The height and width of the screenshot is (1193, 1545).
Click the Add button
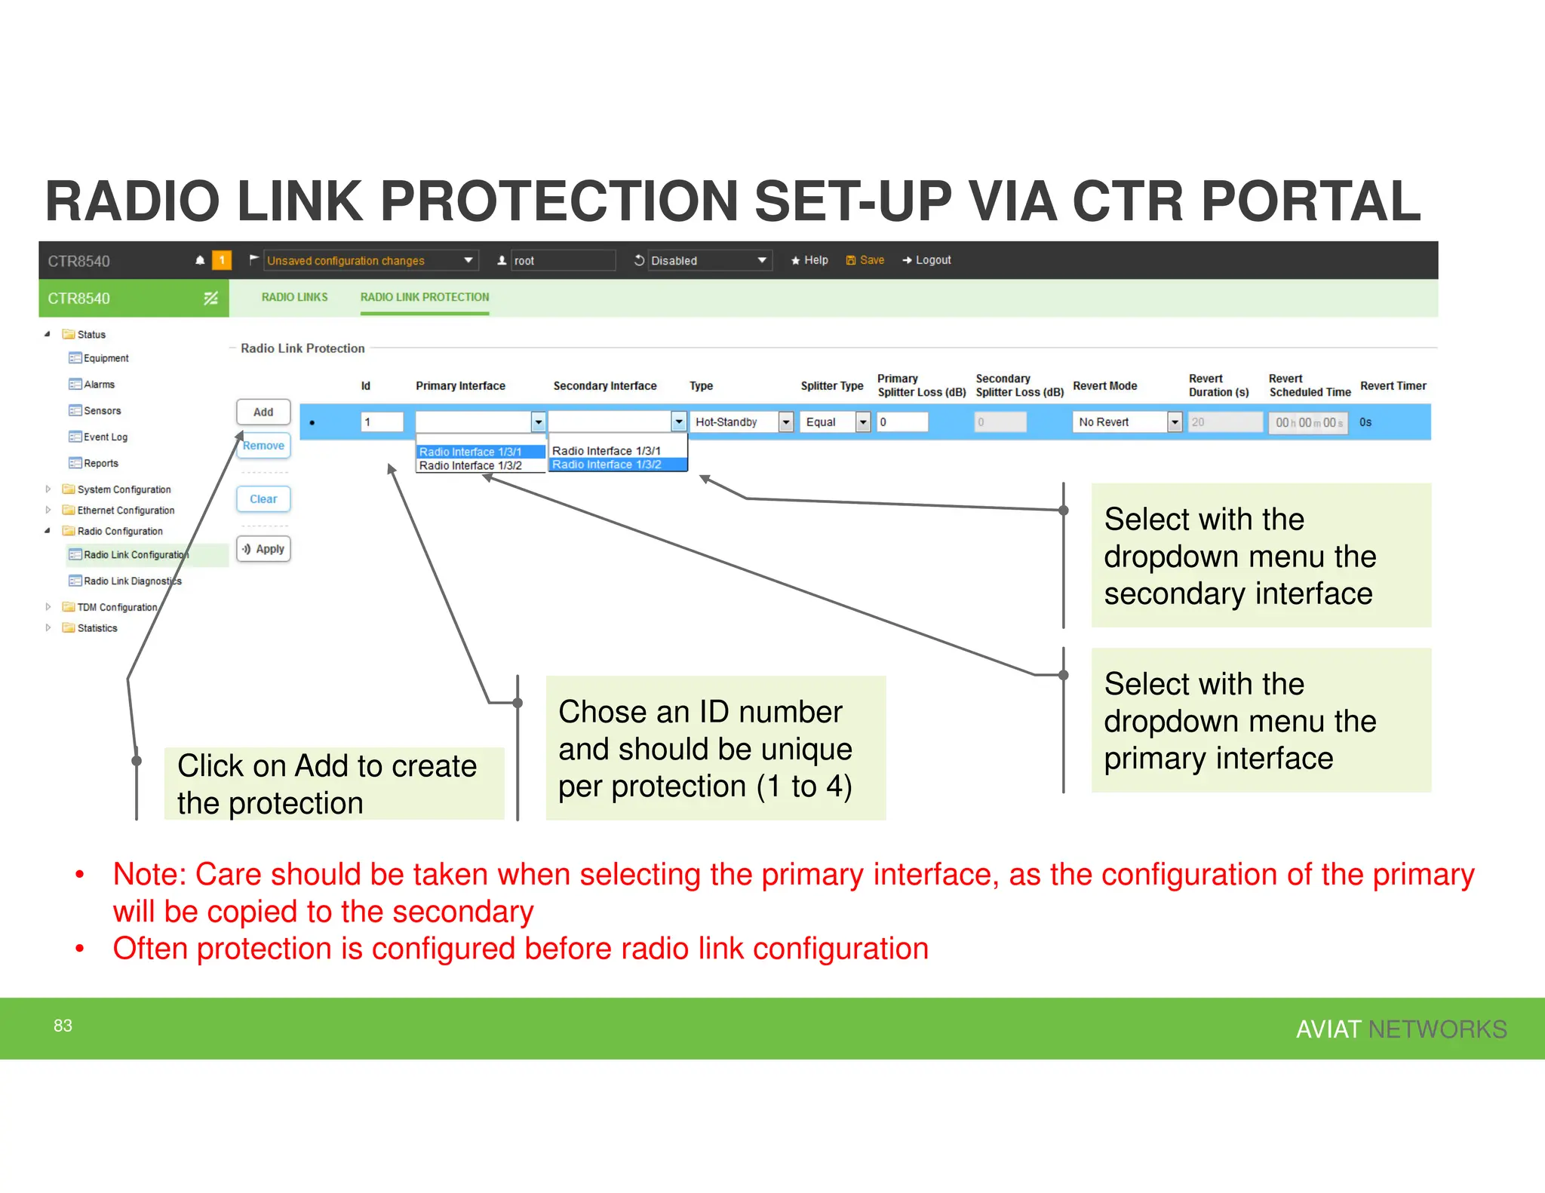coord(263,412)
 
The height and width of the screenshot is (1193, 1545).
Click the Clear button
coord(263,499)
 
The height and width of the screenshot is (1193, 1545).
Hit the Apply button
coord(263,549)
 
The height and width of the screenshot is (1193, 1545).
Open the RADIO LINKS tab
coord(294,297)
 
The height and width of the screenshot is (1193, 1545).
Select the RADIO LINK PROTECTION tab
coord(424,297)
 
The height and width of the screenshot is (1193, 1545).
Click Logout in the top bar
coord(927,260)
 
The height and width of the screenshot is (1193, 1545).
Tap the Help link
coord(809,260)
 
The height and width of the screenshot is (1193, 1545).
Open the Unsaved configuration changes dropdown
coord(370,261)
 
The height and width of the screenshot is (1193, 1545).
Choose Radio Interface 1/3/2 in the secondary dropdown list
coord(607,465)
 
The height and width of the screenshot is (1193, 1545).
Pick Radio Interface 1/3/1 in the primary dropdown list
coord(470,452)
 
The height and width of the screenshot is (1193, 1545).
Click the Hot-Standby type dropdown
coord(743,422)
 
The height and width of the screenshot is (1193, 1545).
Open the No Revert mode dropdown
coord(1126,422)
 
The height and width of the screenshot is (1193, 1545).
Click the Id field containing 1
coord(382,422)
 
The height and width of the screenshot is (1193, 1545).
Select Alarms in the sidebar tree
coord(99,385)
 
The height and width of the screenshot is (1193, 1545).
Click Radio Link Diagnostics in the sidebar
coord(132,581)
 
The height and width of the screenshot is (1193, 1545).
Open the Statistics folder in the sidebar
coord(97,628)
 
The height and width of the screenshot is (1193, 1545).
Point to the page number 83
coord(63,1026)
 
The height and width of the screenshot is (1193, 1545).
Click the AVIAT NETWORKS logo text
coord(1400,1029)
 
